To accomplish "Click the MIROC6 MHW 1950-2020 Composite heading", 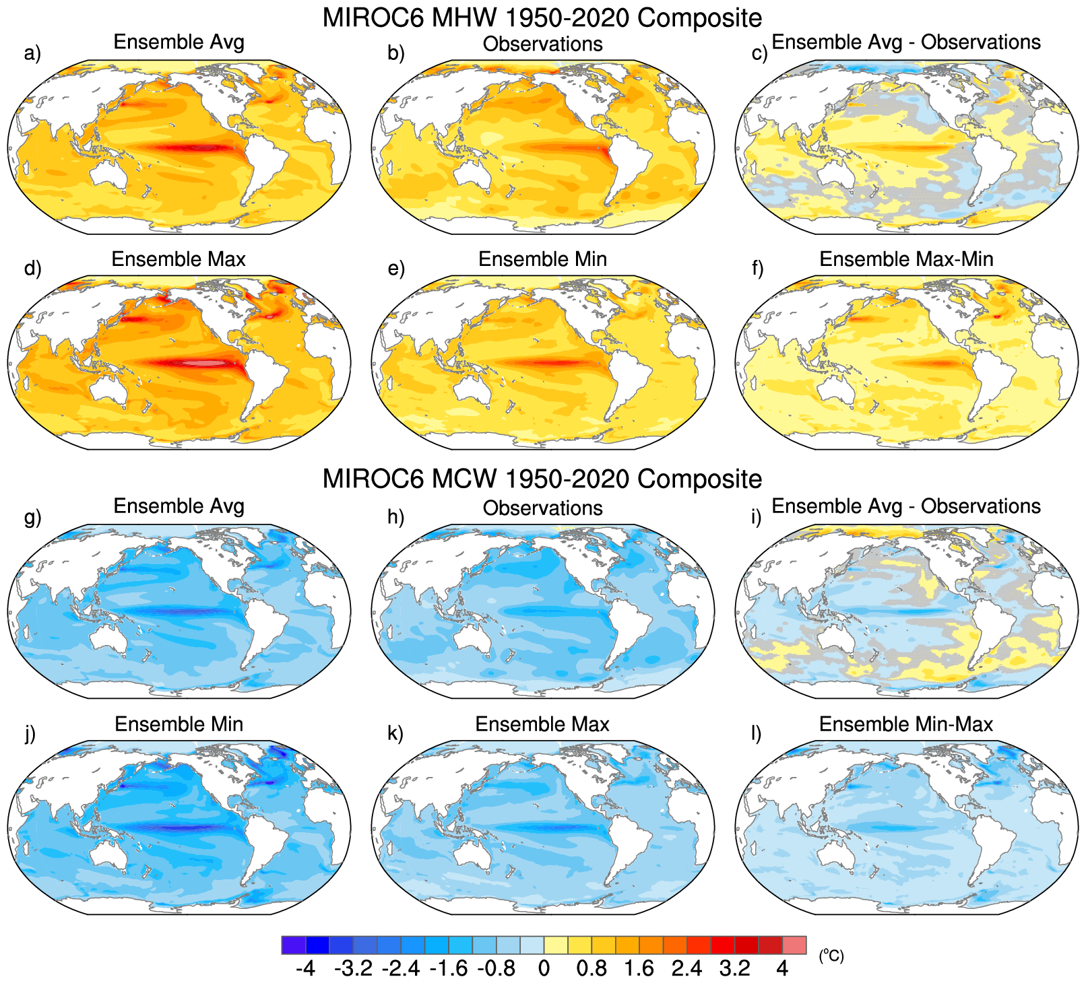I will coord(542,18).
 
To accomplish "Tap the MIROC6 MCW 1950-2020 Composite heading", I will coord(542,479).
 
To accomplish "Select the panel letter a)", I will coord(32,53).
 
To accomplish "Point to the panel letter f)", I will coord(757,269).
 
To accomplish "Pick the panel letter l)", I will coord(757,733).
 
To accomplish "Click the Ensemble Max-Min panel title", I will coord(906,259).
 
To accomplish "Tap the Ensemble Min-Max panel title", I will coord(906,724).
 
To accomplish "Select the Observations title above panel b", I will coord(542,44).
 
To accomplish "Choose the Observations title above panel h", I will coord(542,508).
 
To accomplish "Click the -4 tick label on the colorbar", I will coord(305,969).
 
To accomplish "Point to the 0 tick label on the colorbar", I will coord(544,969).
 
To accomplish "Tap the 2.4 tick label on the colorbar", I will coord(686,969).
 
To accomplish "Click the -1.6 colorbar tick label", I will coord(448,969).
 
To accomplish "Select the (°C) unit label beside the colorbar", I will coord(831,955).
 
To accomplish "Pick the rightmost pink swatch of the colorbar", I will coord(794,945).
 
